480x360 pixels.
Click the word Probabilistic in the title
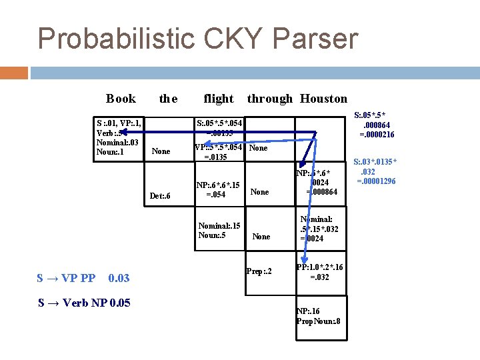(114, 39)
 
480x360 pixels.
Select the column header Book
(121, 99)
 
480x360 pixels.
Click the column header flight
(219, 99)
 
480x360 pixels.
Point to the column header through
(269, 99)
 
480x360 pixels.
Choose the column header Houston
(323, 99)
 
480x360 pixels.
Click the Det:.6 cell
(160, 196)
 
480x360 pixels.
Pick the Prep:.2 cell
(259, 271)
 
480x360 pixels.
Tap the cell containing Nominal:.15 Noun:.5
(219, 231)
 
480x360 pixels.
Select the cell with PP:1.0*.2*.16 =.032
(320, 271)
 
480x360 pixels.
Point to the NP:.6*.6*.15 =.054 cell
(218, 190)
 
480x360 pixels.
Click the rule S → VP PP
(67, 277)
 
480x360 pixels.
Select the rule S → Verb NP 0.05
(84, 303)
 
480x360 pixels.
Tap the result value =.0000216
(377, 134)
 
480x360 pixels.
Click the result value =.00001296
(377, 181)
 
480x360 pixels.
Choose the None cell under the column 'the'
(161, 151)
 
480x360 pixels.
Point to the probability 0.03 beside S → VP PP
(119, 277)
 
